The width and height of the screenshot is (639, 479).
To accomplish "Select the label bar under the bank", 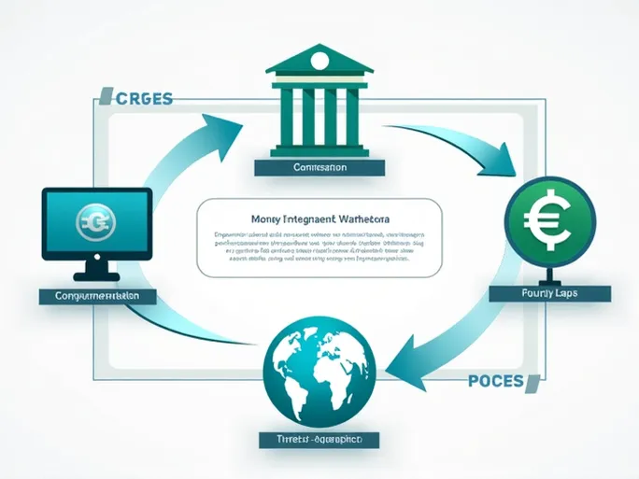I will tap(319, 168).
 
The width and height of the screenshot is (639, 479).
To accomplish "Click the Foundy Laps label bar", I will tap(549, 293).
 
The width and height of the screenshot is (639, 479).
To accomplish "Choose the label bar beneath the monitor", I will tap(97, 295).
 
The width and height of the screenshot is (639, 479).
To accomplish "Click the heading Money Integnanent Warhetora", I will tap(320, 218).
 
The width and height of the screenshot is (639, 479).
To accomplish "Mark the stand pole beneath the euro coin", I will tap(549, 270).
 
